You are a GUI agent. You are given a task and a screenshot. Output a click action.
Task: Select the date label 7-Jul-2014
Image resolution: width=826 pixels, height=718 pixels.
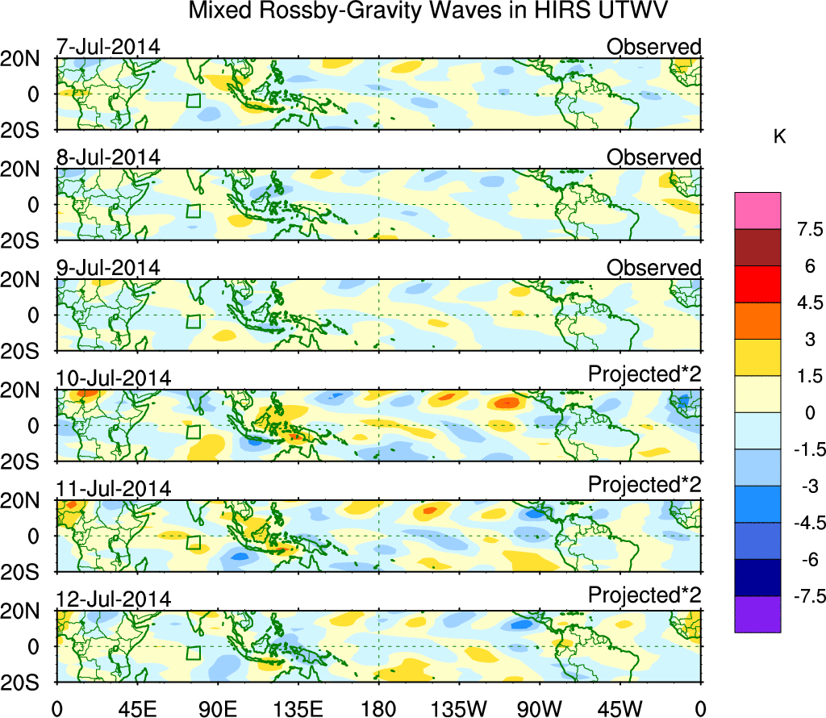(107, 47)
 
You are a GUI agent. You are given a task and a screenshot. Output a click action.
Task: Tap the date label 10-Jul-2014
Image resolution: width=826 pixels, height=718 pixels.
(113, 378)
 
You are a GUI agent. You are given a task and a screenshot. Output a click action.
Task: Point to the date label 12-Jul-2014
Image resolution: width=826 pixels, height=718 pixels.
(113, 599)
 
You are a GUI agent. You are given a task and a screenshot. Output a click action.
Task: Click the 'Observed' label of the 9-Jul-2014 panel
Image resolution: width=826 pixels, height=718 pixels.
(653, 268)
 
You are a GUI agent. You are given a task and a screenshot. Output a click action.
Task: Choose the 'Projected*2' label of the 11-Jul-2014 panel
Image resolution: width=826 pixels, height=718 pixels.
(645, 489)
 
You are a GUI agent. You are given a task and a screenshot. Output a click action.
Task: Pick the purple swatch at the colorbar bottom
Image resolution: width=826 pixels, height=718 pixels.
(757, 615)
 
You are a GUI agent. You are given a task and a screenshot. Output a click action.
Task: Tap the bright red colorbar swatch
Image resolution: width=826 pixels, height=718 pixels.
(757, 284)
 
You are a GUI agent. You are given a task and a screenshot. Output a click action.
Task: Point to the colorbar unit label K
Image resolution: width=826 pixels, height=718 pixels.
(779, 138)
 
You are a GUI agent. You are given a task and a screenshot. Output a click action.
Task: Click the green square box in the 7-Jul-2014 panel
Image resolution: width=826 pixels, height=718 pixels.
(193, 101)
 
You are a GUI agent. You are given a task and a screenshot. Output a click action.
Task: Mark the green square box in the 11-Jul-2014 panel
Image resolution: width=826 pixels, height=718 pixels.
(193, 542)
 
